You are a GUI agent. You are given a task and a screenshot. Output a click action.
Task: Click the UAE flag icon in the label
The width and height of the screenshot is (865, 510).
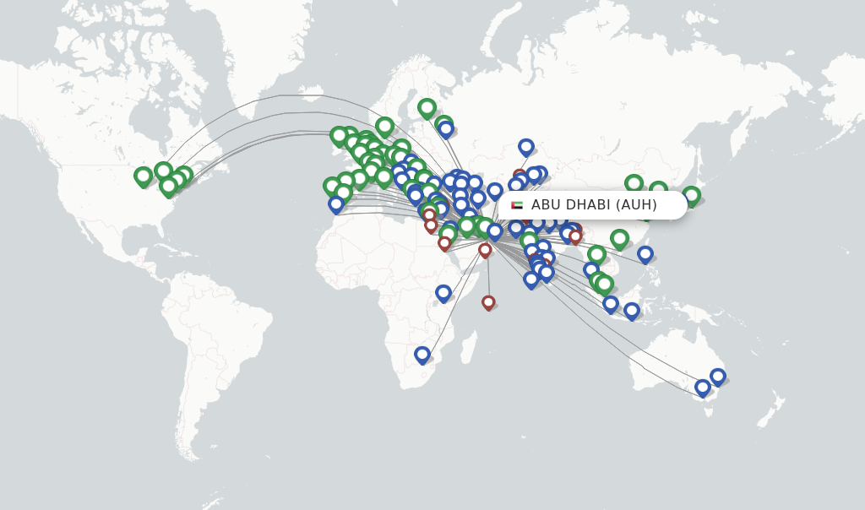(x=517, y=205)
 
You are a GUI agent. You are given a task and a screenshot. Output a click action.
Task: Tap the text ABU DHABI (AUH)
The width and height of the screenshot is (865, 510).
(x=594, y=205)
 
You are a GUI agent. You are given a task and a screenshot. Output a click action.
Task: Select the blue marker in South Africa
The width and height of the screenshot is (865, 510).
(x=422, y=355)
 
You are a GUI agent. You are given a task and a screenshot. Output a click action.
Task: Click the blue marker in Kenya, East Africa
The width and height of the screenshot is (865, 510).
(x=443, y=292)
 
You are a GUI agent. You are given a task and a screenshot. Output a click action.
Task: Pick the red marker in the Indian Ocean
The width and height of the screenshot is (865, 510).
(x=488, y=301)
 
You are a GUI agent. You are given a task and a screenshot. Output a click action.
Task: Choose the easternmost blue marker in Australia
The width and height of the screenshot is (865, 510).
(x=718, y=376)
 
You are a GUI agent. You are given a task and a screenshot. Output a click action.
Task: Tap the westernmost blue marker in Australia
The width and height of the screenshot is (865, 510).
(x=702, y=387)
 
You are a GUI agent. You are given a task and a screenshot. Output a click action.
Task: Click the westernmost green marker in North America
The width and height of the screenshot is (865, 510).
(x=144, y=176)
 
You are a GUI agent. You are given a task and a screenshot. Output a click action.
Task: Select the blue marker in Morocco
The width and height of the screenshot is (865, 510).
(x=336, y=203)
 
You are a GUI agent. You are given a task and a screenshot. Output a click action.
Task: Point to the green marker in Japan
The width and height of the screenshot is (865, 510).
(x=691, y=195)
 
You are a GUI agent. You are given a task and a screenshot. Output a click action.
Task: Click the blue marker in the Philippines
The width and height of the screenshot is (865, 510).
(x=645, y=253)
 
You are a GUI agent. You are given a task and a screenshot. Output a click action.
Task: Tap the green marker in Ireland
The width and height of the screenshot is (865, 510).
(x=339, y=135)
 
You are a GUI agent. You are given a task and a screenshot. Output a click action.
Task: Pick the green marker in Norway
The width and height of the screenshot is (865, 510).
(x=384, y=126)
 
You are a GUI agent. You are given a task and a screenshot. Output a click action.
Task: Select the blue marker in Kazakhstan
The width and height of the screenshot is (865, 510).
(x=526, y=146)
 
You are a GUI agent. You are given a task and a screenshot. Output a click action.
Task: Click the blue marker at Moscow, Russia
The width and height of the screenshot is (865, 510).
(x=446, y=129)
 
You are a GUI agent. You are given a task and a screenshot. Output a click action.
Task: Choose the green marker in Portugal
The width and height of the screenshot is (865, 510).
(x=331, y=186)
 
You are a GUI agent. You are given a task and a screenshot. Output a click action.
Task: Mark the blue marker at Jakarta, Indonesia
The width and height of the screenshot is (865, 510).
(x=632, y=311)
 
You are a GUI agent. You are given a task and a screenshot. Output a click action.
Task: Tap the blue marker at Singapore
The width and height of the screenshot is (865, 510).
(x=611, y=303)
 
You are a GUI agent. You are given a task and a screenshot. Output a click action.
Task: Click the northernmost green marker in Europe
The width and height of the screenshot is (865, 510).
(x=427, y=107)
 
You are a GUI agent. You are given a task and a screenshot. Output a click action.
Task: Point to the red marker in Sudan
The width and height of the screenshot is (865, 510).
(x=444, y=243)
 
